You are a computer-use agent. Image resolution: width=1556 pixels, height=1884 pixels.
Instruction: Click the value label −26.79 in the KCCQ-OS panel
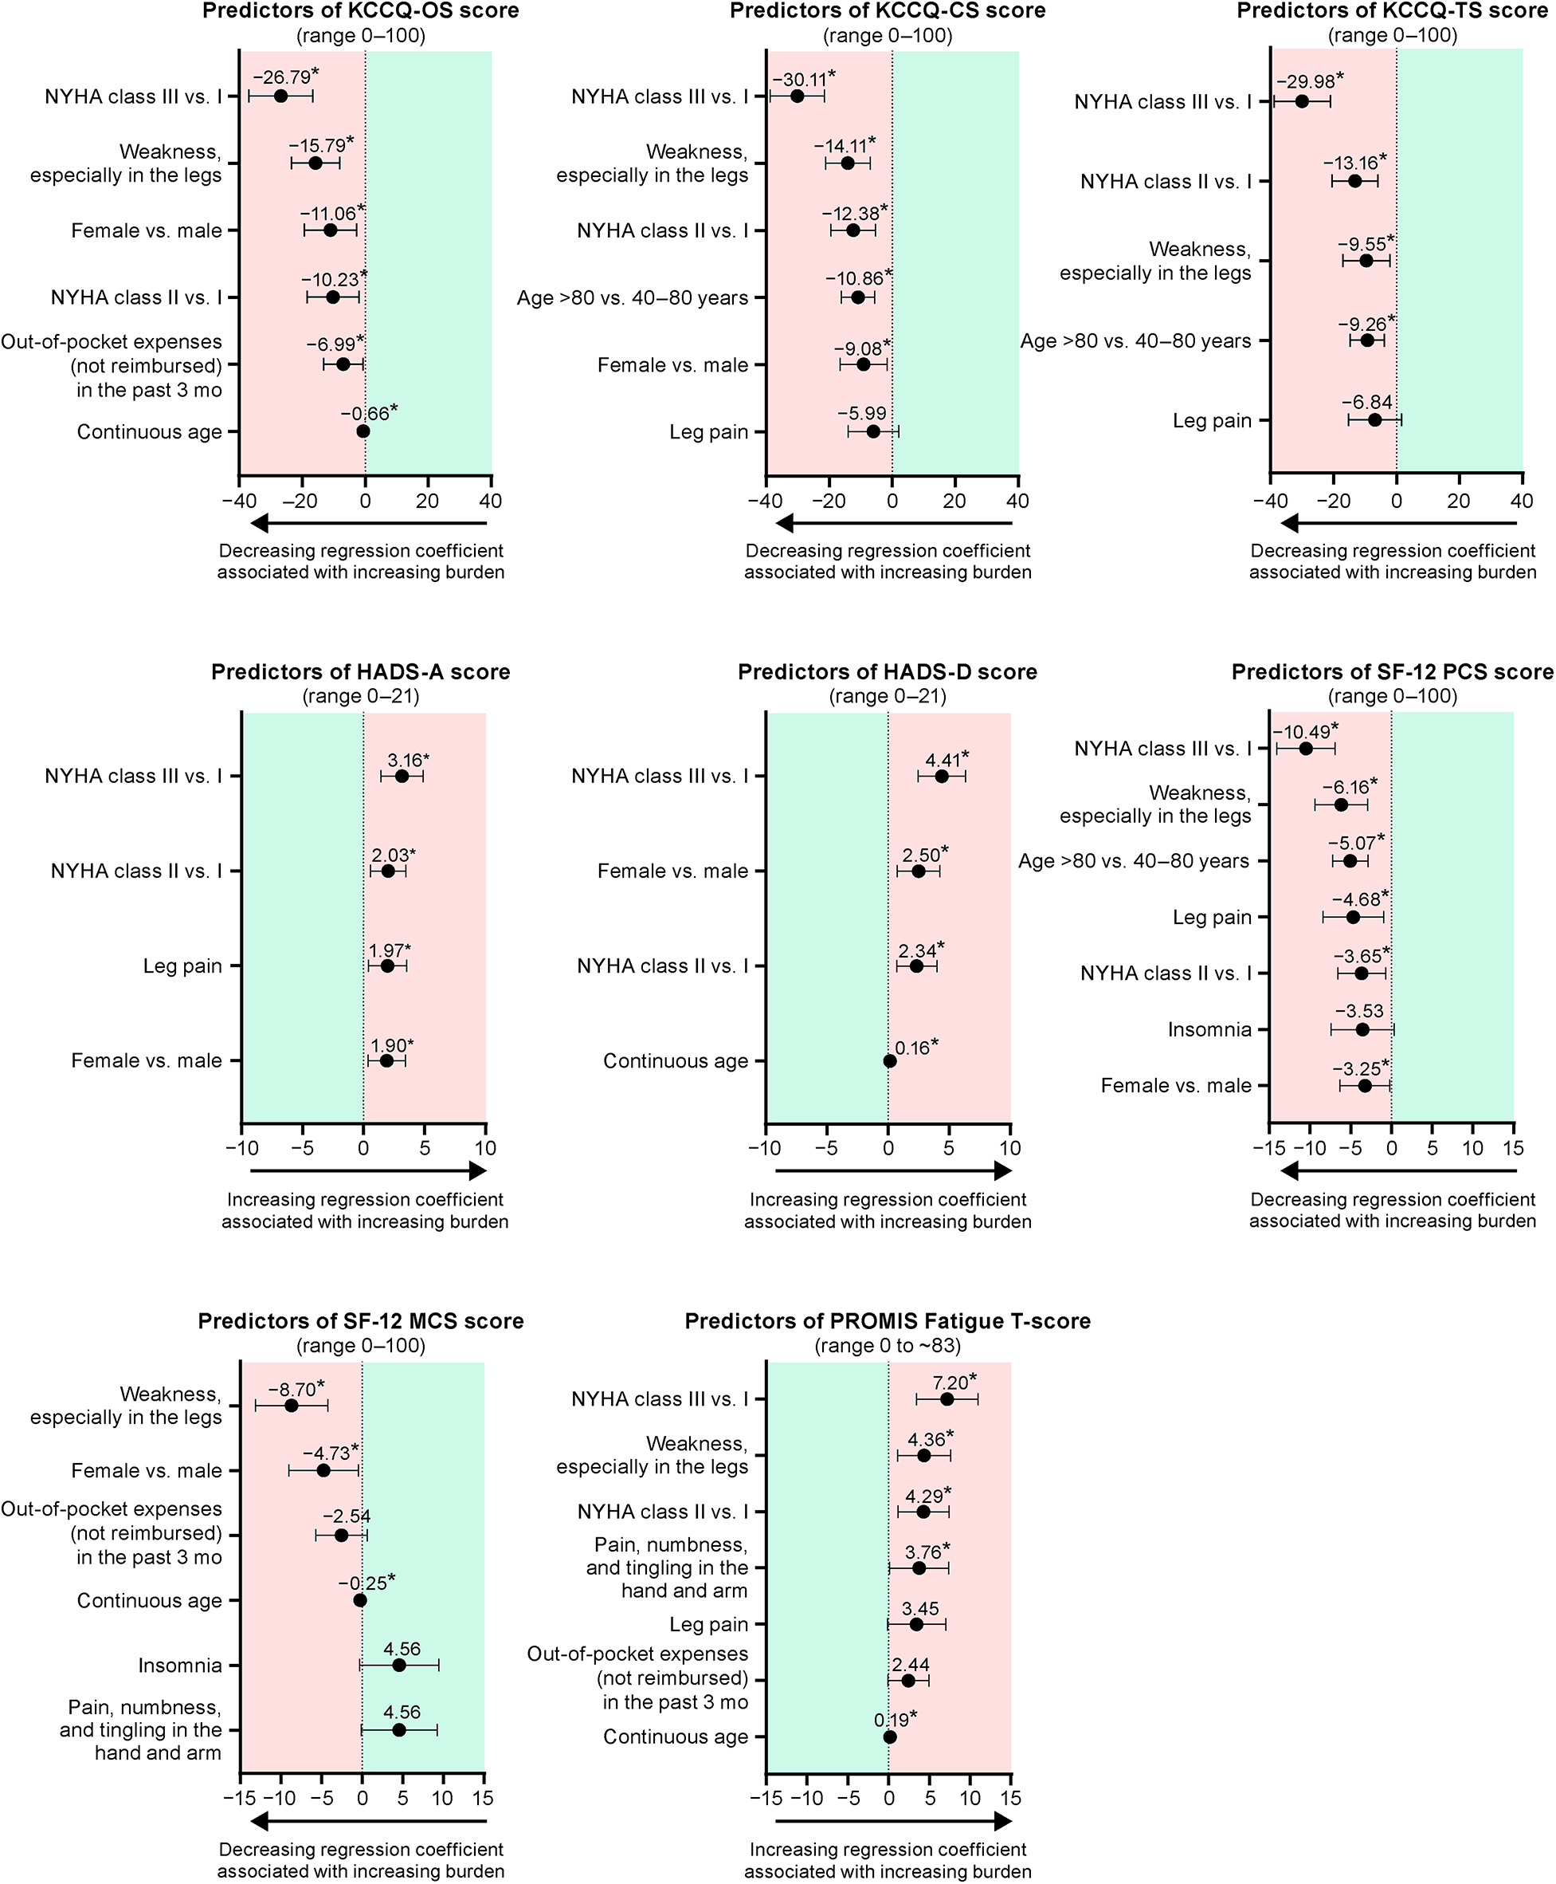[x=281, y=77]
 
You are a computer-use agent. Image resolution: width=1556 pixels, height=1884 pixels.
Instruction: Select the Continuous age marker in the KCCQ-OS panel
[x=363, y=431]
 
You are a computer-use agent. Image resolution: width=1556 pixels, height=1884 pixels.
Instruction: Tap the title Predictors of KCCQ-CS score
[x=888, y=10]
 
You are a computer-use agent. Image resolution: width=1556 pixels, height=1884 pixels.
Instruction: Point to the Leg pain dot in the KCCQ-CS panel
[x=873, y=431]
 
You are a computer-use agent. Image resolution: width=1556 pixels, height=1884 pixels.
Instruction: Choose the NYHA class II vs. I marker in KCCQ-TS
[x=1354, y=181]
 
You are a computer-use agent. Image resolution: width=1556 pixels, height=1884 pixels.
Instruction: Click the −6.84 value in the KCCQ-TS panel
[x=1367, y=402]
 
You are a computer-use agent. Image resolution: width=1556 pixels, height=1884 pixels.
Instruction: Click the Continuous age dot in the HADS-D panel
[x=889, y=1061]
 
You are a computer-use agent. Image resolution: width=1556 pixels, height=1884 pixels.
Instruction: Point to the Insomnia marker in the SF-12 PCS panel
[x=1362, y=1029]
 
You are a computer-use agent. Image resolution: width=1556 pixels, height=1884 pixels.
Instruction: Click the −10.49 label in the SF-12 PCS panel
[x=1302, y=732]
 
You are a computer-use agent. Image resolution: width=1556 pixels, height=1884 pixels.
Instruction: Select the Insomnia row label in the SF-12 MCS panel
[x=179, y=1666]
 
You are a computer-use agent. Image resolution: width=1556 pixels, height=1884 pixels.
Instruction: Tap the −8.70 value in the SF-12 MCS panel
[x=292, y=1390]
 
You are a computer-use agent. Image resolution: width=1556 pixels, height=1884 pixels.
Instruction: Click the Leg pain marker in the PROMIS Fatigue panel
[x=916, y=1624]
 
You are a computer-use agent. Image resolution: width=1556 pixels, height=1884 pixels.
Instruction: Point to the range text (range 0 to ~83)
[x=888, y=1345]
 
